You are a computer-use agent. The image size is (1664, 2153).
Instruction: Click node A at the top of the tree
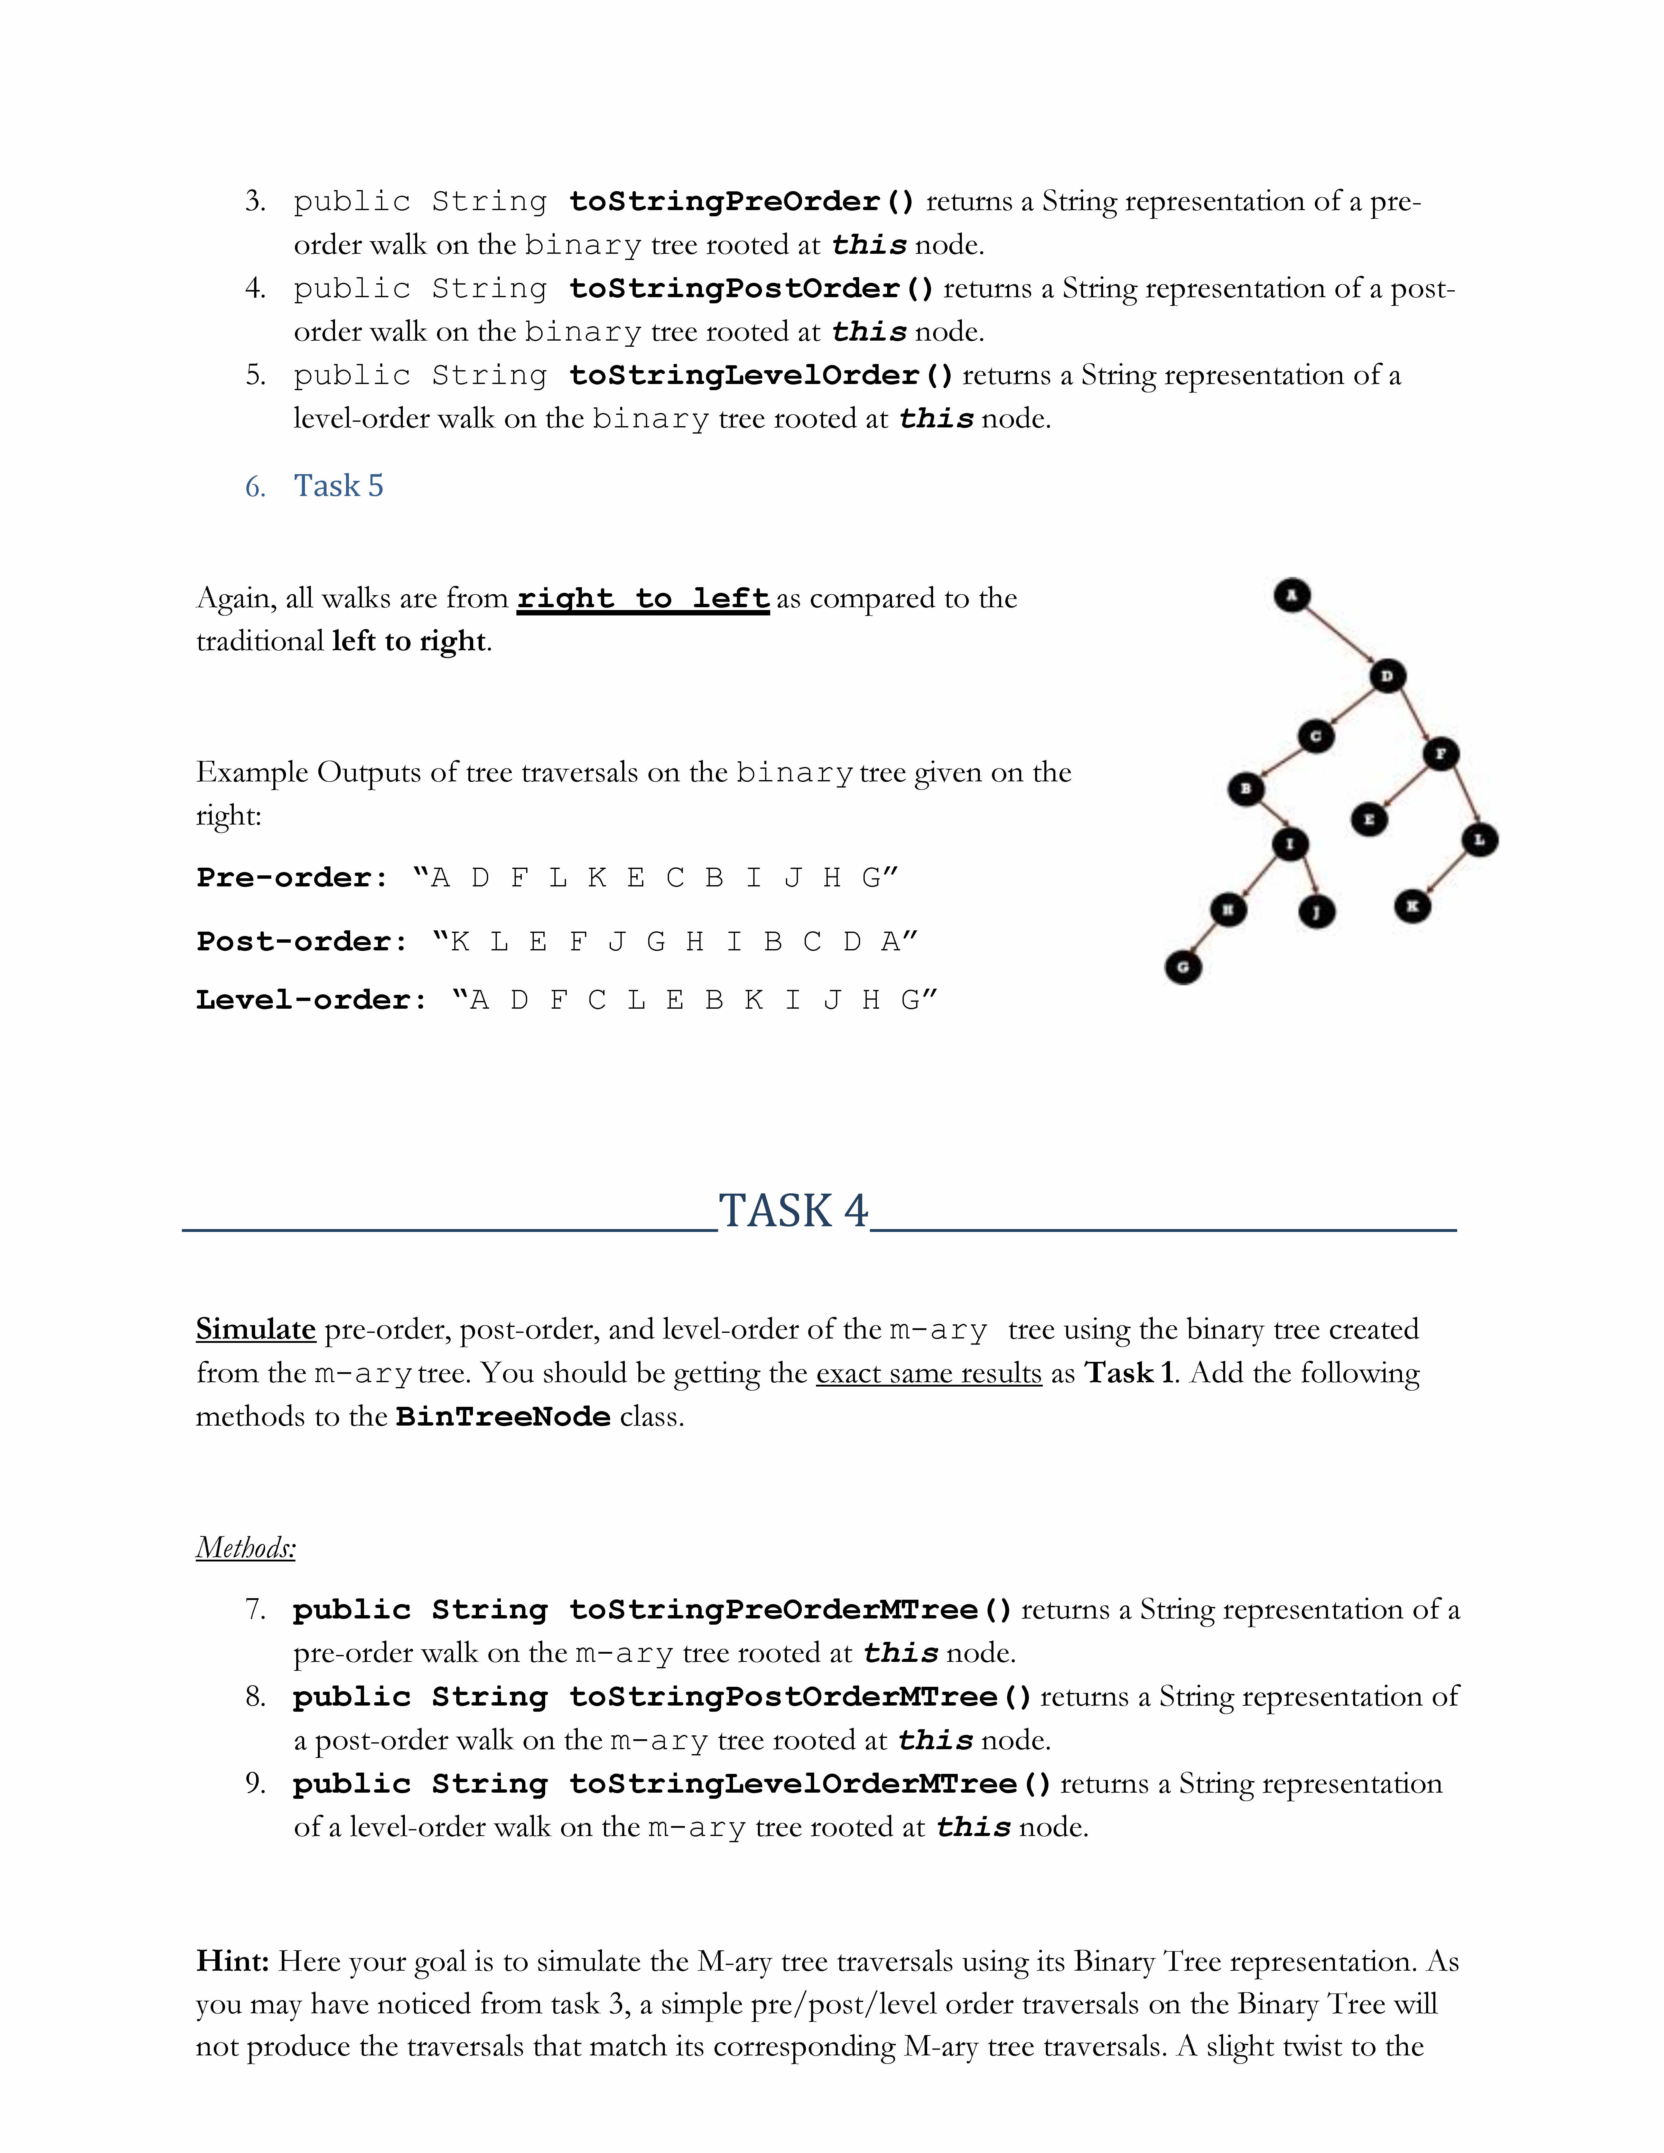click(1291, 594)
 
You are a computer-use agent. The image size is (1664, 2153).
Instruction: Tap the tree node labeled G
click(1183, 967)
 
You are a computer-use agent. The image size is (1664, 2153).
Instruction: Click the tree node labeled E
click(1368, 818)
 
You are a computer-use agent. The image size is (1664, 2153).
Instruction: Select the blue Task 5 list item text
click(338, 486)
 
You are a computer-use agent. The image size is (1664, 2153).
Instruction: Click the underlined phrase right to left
click(643, 598)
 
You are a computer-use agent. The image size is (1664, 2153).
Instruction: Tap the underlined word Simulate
click(255, 1329)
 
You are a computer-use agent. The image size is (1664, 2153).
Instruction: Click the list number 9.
click(255, 1783)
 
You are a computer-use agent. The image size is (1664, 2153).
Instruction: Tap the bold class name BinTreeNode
click(503, 1417)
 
